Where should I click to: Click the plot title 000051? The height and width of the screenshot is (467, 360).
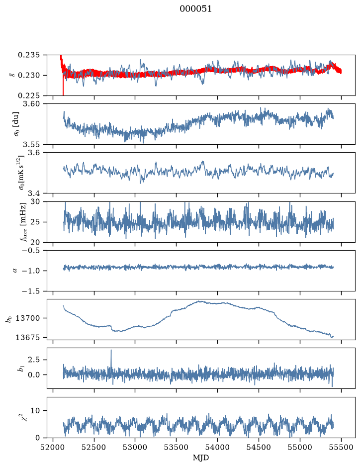[195, 9]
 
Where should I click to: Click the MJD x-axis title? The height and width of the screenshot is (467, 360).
[201, 458]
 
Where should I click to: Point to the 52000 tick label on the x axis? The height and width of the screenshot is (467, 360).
[53, 448]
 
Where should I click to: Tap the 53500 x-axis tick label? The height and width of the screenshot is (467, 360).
[177, 448]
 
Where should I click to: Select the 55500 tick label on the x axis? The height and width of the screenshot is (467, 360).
[341, 448]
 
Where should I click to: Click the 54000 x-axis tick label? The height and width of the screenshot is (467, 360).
[218, 448]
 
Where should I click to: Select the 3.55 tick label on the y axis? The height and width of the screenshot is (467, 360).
[33, 144]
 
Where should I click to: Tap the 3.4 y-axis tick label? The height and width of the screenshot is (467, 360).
[36, 193]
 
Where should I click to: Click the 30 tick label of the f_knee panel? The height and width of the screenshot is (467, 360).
[38, 201]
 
